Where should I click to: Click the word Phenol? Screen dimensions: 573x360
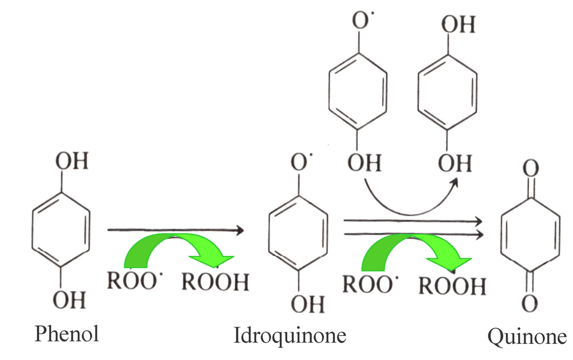pos(67,334)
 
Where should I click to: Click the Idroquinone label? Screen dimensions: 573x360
pos(289,335)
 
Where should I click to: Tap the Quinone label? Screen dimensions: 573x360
pos(527,337)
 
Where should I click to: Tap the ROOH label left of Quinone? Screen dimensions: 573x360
pos(453,286)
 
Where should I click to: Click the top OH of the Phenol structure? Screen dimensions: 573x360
pos(71,162)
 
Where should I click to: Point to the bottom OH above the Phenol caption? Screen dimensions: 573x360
pos(70,300)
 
